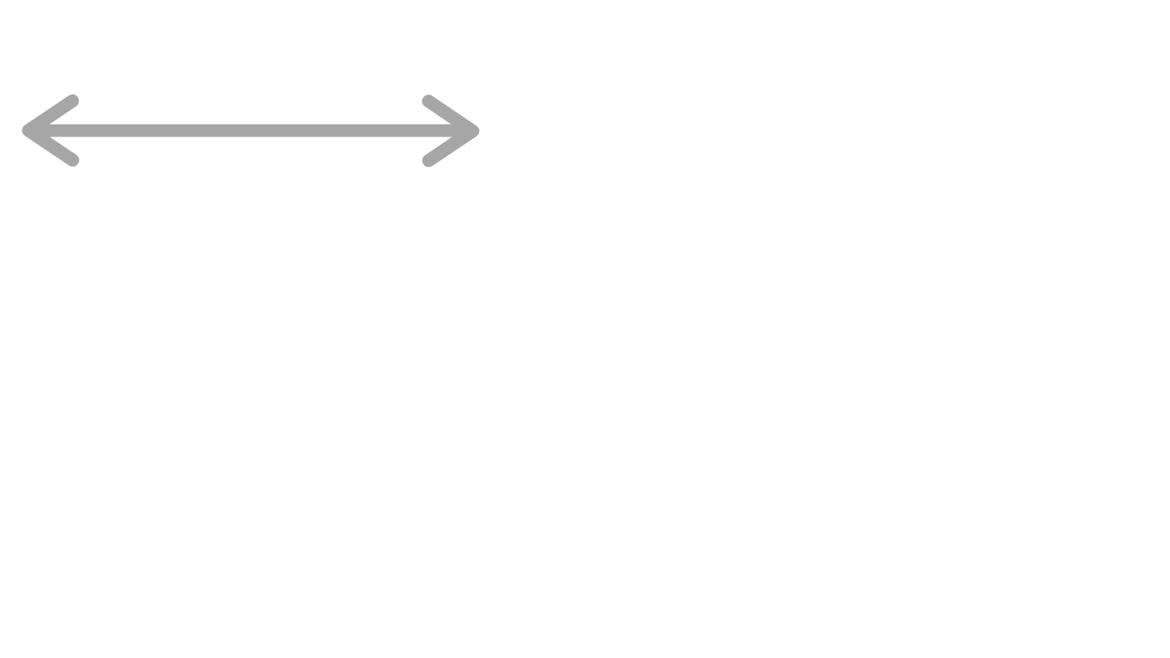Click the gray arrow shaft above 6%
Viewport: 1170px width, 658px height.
click(x=249, y=131)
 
